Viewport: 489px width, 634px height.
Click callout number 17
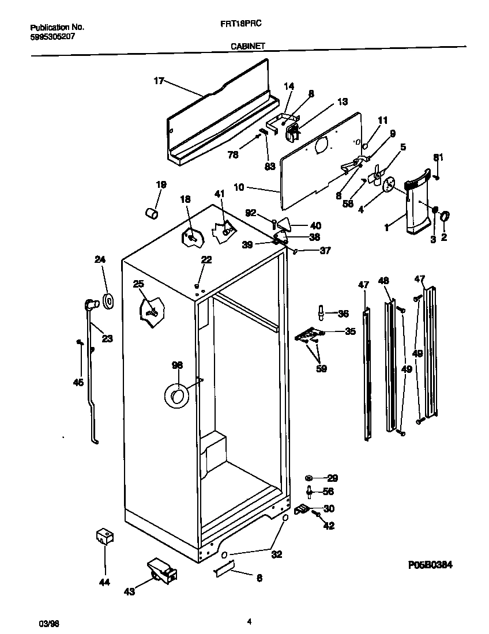tap(159, 81)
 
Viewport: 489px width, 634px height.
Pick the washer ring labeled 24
tap(108, 300)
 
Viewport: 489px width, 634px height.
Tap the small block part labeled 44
tap(104, 537)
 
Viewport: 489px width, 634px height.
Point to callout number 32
tap(277, 554)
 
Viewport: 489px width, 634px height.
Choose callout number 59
tap(321, 369)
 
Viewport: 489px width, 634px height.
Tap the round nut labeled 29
tap(310, 478)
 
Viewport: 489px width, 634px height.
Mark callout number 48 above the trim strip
tap(383, 281)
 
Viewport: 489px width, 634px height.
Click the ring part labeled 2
tap(446, 217)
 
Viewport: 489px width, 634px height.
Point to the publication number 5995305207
tap(52, 36)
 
